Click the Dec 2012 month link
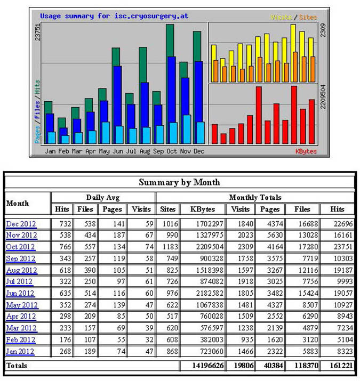(x=21, y=224)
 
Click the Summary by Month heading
(x=179, y=182)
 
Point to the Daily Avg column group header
(x=102, y=197)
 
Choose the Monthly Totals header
(x=257, y=197)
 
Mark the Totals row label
(x=17, y=366)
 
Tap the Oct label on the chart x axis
(x=171, y=151)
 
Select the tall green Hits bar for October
(x=171, y=40)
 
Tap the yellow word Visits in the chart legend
(x=281, y=17)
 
